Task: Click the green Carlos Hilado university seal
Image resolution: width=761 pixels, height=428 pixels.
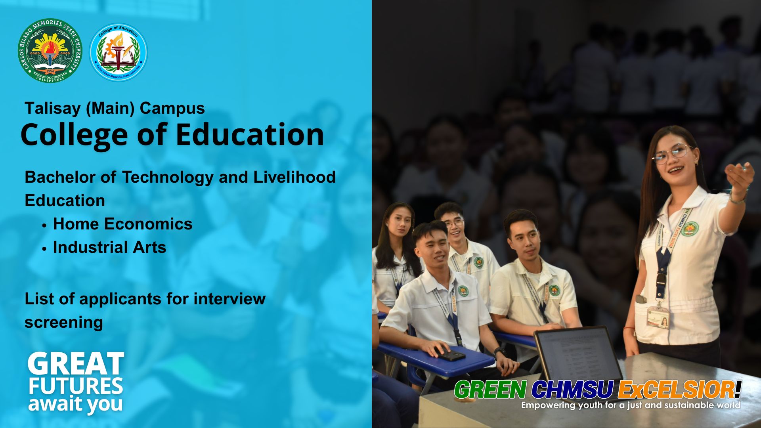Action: click(50, 50)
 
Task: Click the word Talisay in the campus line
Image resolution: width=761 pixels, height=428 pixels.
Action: click(53, 108)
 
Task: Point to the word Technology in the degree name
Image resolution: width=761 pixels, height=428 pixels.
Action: click(168, 177)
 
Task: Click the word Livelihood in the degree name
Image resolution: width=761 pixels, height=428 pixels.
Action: click(294, 177)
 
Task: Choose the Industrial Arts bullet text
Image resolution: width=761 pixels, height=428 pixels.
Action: click(109, 247)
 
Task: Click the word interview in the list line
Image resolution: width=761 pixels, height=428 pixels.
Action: click(229, 298)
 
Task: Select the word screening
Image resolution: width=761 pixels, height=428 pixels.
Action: click(64, 322)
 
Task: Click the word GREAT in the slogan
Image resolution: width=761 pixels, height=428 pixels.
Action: click(76, 365)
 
